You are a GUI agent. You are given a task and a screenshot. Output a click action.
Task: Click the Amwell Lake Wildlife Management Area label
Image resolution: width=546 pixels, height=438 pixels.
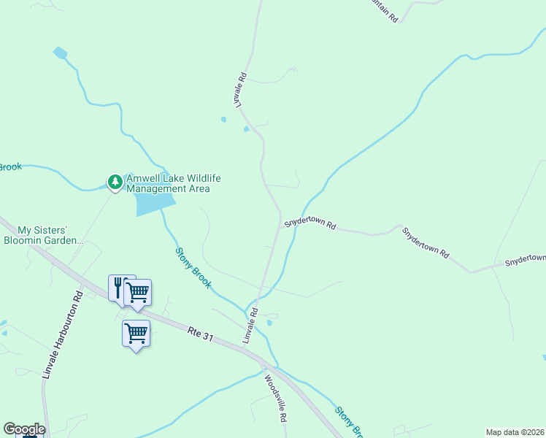tap(173, 183)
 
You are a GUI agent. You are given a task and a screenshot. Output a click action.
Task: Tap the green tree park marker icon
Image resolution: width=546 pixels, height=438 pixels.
tap(115, 181)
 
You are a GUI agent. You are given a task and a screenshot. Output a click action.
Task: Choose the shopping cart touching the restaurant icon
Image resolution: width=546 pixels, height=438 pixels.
tap(138, 293)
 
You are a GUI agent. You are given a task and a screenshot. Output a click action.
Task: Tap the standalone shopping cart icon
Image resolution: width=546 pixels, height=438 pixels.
tap(136, 334)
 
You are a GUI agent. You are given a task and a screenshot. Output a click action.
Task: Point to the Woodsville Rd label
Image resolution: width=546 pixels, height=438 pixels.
tap(275, 399)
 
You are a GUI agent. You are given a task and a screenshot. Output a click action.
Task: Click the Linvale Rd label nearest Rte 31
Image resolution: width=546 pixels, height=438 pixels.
tap(250, 326)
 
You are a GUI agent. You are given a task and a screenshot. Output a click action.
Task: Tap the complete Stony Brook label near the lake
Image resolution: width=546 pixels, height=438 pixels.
tap(193, 268)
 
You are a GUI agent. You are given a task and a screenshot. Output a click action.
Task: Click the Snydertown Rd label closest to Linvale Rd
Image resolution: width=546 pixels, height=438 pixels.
tap(309, 223)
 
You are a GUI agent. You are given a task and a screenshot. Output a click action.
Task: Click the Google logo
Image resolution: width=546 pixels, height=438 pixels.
tap(24, 429)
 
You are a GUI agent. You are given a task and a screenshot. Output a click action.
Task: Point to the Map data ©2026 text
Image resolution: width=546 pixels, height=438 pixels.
tap(515, 432)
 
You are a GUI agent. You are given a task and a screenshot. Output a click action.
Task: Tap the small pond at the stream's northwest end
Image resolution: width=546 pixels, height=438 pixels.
tap(60, 53)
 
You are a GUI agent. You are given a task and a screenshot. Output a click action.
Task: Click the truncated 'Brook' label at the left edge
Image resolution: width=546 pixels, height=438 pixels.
tap(10, 167)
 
